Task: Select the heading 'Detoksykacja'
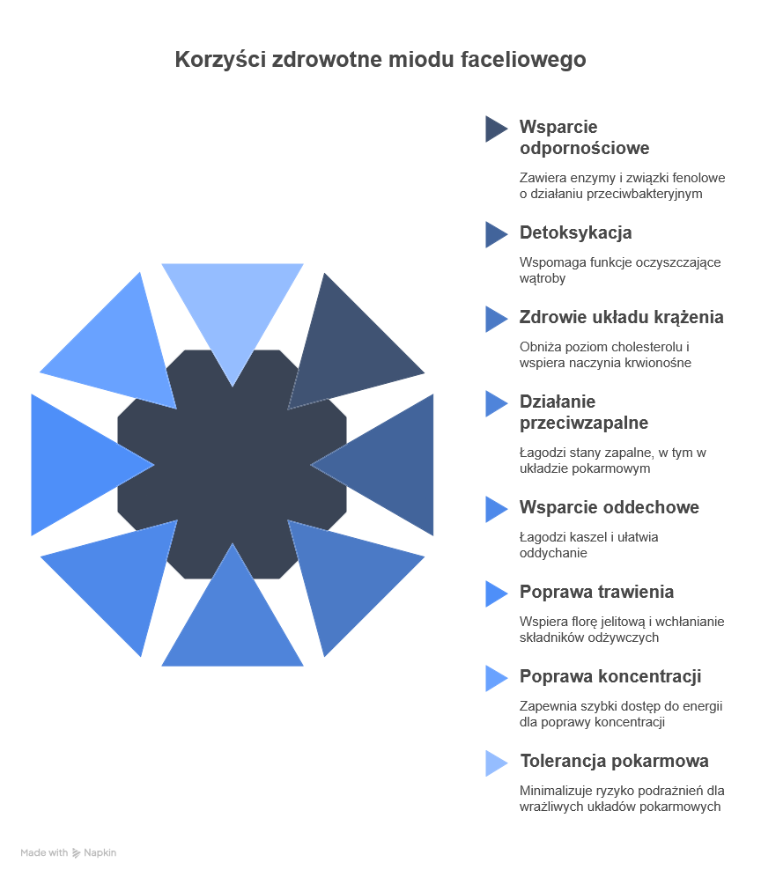(x=575, y=233)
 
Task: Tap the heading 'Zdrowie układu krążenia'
(x=621, y=317)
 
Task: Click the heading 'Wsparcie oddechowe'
(x=609, y=507)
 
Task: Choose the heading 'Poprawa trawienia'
(x=596, y=592)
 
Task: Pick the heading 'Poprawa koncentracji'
(x=610, y=676)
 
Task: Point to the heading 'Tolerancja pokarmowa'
(x=614, y=761)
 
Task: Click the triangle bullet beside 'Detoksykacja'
(x=495, y=234)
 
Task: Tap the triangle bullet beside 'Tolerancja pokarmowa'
(x=495, y=763)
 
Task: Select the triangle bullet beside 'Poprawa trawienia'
(x=495, y=593)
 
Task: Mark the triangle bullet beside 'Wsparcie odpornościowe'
(x=495, y=129)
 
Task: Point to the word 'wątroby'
(x=542, y=278)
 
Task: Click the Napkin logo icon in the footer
(x=77, y=853)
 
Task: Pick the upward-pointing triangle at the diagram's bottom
(x=232, y=621)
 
